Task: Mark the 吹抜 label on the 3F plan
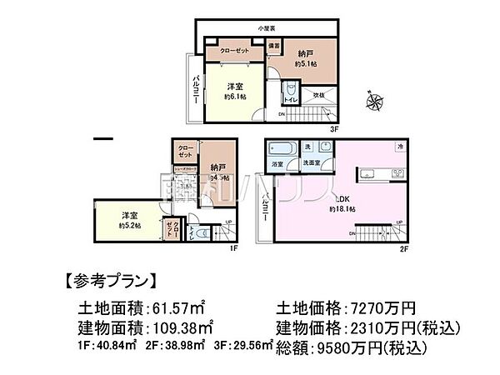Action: (x=318, y=96)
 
